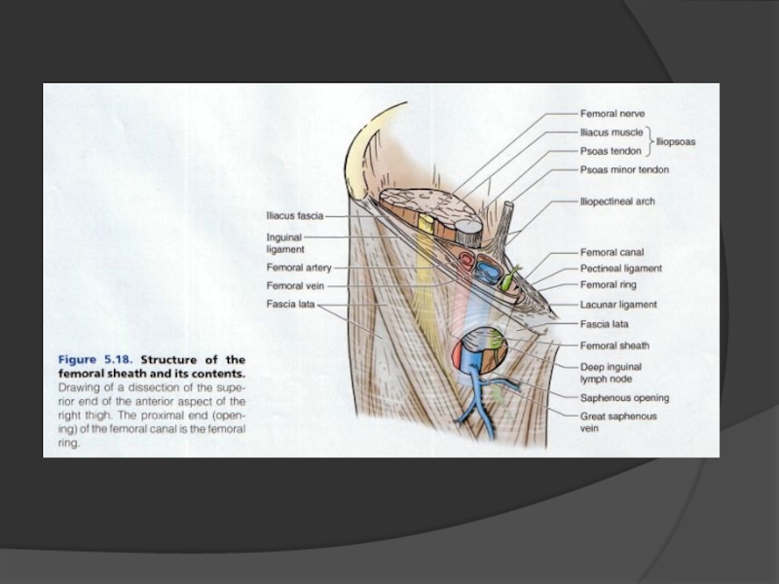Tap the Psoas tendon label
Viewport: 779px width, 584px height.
[612, 151]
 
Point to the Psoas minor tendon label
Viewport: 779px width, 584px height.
[624, 169]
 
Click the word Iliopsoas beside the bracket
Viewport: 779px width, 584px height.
[676, 141]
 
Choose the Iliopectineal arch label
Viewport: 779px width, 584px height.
[617, 201]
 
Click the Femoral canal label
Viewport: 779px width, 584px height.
[612, 252]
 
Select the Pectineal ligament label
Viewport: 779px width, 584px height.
[621, 268]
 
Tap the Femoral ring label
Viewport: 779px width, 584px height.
[609, 285]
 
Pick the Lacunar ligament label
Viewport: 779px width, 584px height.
[618, 304]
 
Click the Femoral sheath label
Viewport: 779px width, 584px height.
[614, 345]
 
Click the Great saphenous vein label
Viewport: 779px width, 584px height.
[618, 421]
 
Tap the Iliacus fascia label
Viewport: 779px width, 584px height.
[295, 215]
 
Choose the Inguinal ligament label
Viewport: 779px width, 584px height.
[285, 242]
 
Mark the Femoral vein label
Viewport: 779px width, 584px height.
[295, 286]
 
